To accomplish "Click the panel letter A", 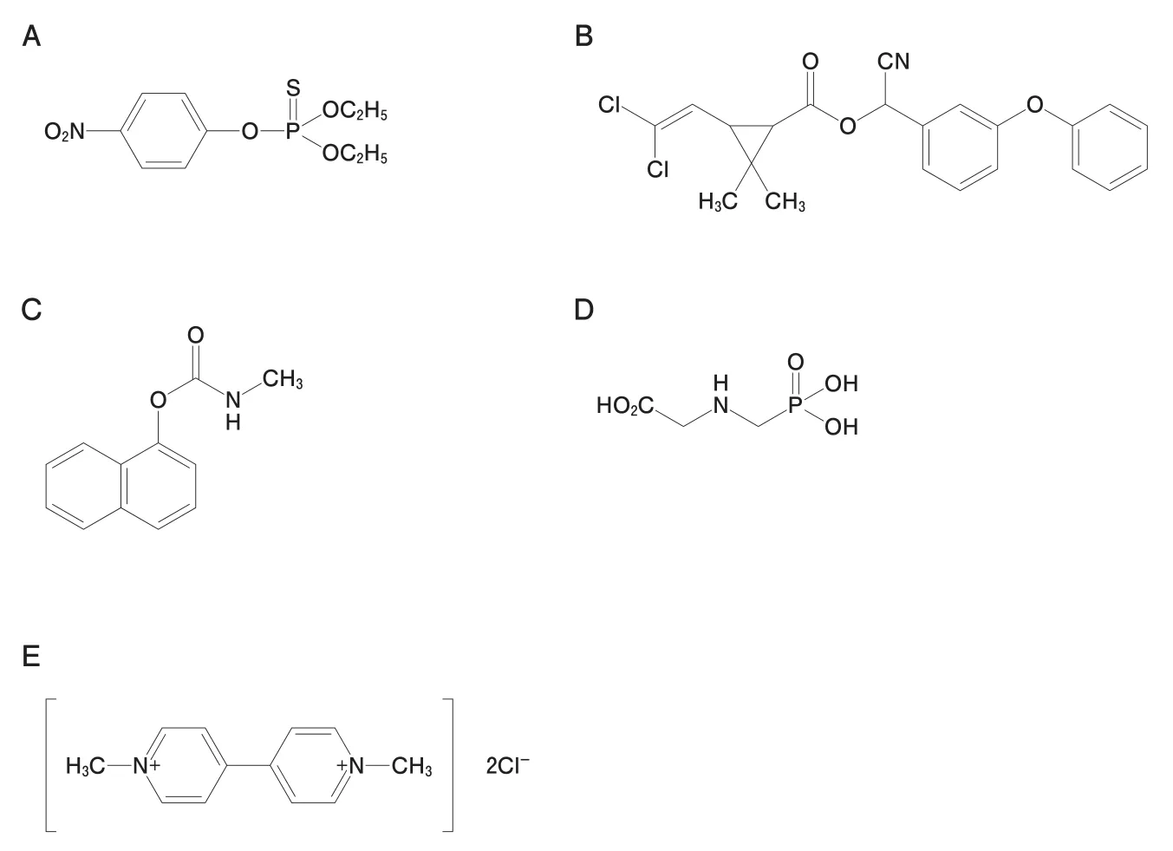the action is [x=31, y=36].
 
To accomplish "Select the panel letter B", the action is [x=583, y=36].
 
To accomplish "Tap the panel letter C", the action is [x=31, y=309].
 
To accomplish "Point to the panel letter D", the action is [x=583, y=309].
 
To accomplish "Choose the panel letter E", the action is [x=31, y=656].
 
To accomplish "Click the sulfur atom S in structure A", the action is [x=293, y=88].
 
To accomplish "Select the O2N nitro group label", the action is [x=64, y=132].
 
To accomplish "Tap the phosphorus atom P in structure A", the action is [x=292, y=132].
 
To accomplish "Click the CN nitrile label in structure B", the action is [x=893, y=62].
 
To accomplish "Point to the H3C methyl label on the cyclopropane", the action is [x=718, y=201].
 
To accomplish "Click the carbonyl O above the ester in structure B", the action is [x=810, y=62].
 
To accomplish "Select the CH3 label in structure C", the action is [x=283, y=379].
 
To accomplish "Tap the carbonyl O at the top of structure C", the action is [x=195, y=335].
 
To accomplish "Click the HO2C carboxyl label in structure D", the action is [x=625, y=405].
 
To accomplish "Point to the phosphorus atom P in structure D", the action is [x=796, y=405].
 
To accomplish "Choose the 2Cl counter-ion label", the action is [x=507, y=766].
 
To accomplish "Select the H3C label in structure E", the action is [x=85, y=766].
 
